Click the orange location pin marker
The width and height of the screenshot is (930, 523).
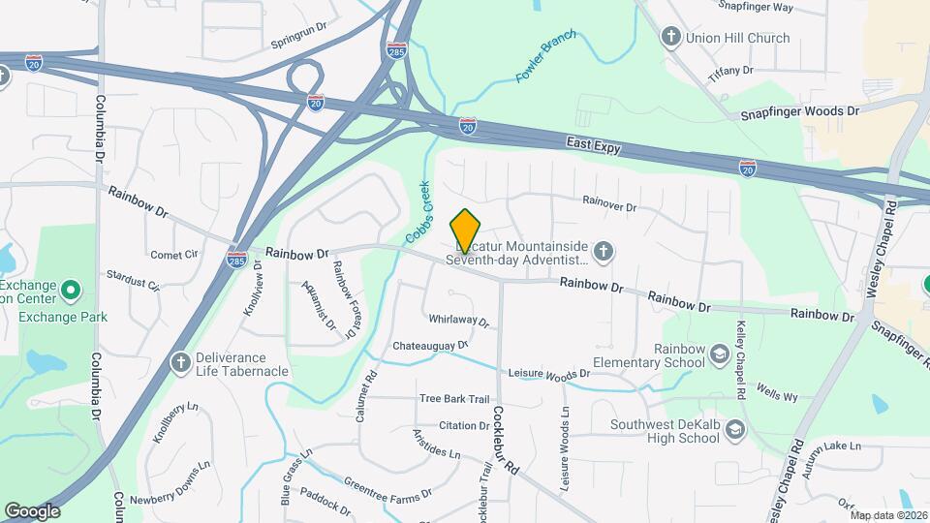click(465, 231)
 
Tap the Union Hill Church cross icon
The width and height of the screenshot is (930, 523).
click(669, 38)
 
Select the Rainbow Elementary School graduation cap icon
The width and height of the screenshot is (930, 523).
click(719, 355)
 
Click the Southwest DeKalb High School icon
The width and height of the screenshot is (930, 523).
click(734, 430)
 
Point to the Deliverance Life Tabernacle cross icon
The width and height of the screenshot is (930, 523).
click(179, 363)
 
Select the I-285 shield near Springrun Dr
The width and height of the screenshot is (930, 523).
click(396, 50)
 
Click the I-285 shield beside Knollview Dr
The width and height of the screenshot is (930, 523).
click(236, 259)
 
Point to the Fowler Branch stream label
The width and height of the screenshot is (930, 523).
click(546, 55)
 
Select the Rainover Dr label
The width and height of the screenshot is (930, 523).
click(608, 205)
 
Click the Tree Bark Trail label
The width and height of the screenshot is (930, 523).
click(454, 399)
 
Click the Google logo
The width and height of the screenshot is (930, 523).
click(32, 510)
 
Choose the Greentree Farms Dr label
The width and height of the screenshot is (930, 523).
click(387, 487)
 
